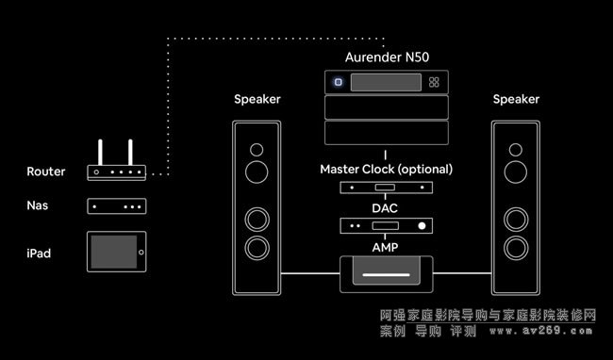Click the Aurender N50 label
[x=387, y=57]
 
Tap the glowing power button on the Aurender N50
[x=339, y=82]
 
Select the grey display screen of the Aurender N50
[x=386, y=82]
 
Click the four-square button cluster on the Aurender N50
[x=434, y=82]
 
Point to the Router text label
[x=46, y=172]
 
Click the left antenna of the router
[x=100, y=153]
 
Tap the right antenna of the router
[x=130, y=153]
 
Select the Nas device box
[x=117, y=206]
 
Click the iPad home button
[x=141, y=253]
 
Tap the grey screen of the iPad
[x=114, y=252]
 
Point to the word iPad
[x=39, y=254]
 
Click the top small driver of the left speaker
[x=257, y=150]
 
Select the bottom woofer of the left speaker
[x=257, y=248]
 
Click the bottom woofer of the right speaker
[x=516, y=248]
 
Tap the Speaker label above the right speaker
[x=516, y=99]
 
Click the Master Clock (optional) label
[x=387, y=170]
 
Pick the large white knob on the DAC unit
[x=422, y=225]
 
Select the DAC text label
[x=385, y=208]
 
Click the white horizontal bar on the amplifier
[x=386, y=274]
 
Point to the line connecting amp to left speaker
[x=310, y=273]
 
